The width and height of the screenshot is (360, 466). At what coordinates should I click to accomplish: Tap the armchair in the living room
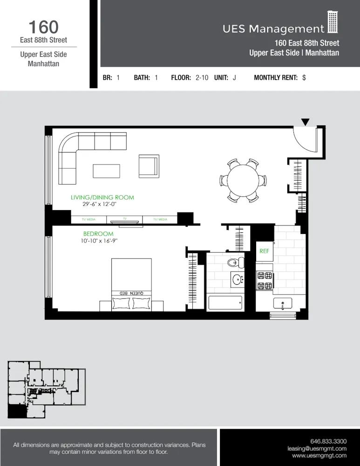click(149, 166)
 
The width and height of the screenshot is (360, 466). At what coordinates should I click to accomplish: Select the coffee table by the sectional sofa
click(106, 171)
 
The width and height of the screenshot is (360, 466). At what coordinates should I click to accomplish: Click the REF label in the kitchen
click(265, 251)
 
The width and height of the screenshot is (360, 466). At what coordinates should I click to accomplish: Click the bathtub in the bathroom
click(225, 303)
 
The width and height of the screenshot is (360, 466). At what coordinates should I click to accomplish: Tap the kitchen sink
click(283, 304)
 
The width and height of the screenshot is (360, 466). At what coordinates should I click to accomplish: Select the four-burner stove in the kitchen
click(265, 281)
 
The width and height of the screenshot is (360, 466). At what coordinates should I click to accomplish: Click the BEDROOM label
click(98, 233)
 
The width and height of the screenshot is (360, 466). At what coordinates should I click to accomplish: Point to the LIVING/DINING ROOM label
click(102, 198)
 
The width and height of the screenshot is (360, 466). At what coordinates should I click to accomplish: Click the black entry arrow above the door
click(305, 122)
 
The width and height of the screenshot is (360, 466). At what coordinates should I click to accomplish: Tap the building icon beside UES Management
click(333, 22)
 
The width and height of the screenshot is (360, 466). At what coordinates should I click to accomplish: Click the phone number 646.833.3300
click(328, 441)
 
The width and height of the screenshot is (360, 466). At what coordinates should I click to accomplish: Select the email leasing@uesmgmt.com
click(317, 448)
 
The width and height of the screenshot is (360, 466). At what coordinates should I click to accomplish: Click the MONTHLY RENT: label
click(275, 78)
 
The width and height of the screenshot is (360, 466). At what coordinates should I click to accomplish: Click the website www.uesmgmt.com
click(319, 456)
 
